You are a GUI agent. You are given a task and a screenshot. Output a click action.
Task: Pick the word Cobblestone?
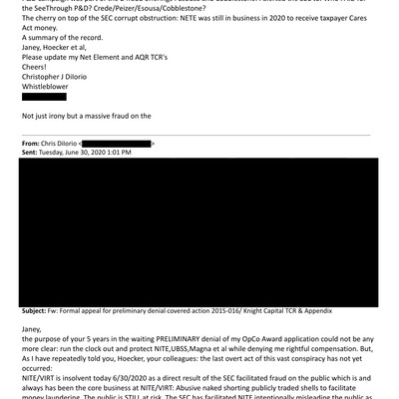pyautogui.click(x=208, y=7)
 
